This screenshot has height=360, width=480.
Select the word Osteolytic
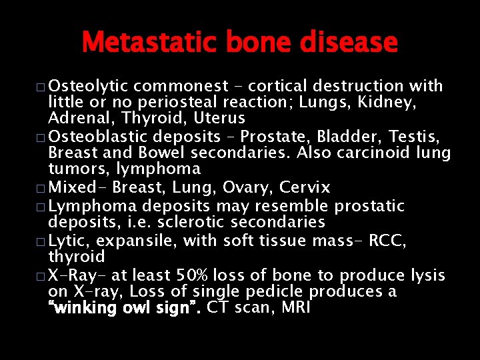90,86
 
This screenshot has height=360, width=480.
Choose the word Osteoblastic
99,137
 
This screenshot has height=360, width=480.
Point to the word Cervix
305,187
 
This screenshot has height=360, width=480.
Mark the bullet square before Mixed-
41,189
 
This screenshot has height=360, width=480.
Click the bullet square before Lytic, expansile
41,241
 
